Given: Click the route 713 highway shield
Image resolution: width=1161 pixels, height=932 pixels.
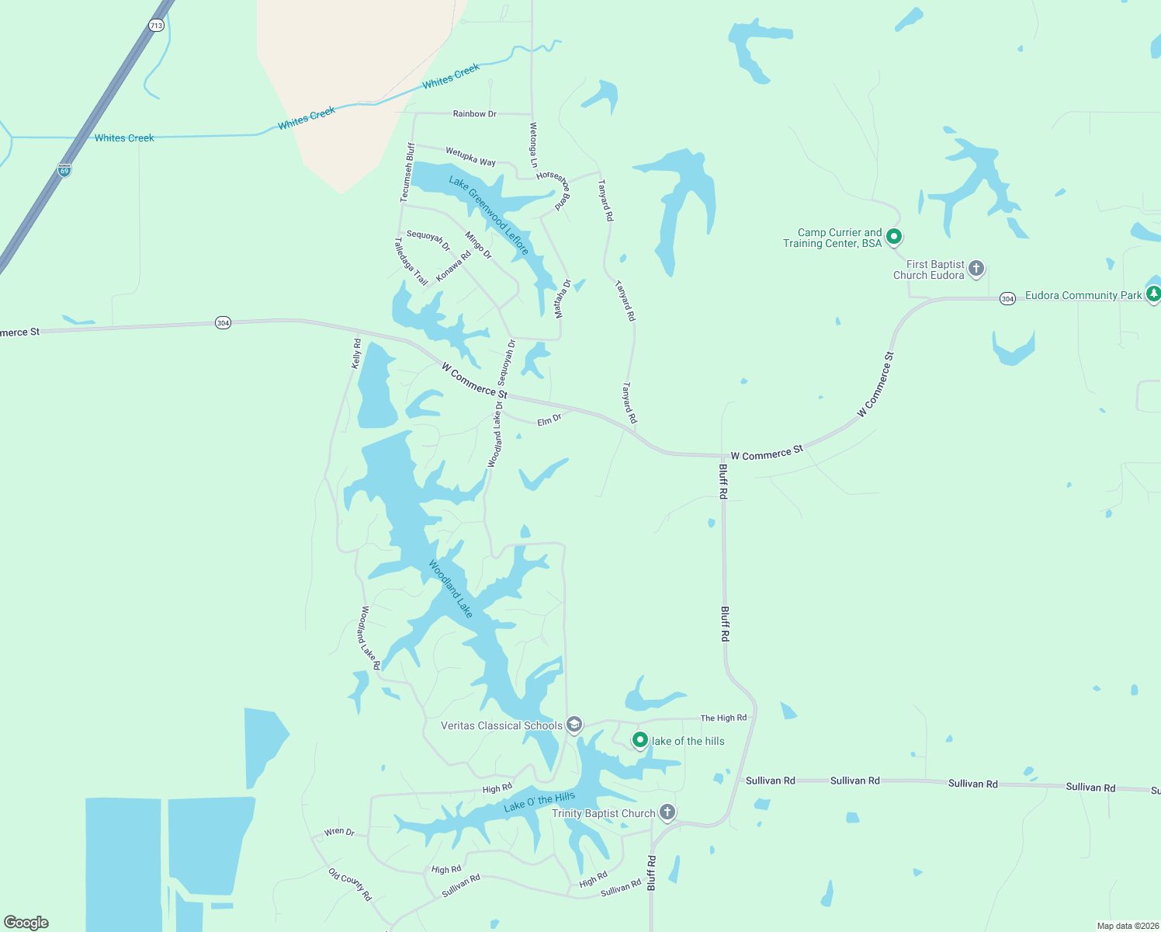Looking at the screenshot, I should tap(157, 26).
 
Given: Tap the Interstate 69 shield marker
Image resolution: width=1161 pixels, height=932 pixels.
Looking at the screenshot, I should tap(64, 169).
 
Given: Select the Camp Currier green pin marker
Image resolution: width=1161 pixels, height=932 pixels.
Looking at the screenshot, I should tap(894, 236).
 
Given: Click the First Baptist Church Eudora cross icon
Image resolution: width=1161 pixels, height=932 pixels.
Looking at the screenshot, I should tap(976, 269).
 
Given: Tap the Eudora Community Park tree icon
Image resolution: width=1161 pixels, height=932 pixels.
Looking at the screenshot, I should tap(1153, 294).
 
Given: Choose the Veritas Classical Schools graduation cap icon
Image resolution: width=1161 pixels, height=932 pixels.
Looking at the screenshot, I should tap(574, 725).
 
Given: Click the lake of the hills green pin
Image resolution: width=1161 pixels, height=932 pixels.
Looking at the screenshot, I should tap(640, 740).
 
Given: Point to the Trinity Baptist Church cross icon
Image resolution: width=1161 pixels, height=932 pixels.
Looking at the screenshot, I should tap(667, 812).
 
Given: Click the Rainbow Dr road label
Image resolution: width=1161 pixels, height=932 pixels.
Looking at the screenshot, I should tap(474, 113).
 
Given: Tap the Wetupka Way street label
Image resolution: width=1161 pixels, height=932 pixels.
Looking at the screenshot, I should tap(470, 156).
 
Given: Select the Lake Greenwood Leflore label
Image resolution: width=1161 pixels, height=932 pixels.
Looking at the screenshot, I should tap(489, 215).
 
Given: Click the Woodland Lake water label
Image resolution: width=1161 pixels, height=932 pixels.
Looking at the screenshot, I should tap(451, 589).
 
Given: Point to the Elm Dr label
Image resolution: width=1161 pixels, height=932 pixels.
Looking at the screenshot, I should tap(549, 420).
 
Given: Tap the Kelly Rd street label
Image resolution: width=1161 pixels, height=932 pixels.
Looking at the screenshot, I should tap(356, 353).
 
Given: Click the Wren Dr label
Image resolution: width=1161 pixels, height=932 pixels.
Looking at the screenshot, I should tap(339, 832).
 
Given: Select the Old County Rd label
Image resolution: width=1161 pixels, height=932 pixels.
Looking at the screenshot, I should tap(350, 885).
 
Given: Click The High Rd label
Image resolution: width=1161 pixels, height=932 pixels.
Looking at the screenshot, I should tap(723, 718).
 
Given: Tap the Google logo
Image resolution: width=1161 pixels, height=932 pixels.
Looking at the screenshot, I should tap(26, 922).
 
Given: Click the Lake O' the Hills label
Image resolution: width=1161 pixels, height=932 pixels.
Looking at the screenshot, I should tap(539, 802).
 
